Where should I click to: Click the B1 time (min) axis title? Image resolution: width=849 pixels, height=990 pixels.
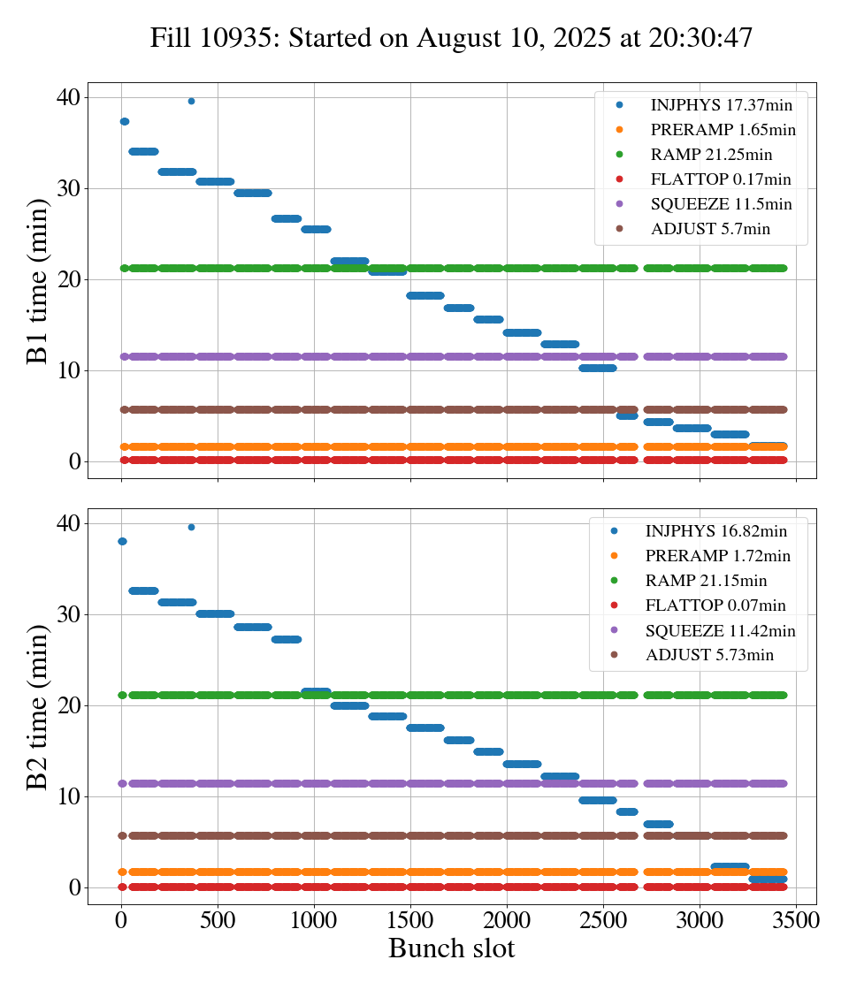[37, 280]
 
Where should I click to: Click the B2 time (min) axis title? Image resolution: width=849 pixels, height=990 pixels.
[37, 707]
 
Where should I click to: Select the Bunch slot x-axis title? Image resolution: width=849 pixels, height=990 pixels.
[451, 948]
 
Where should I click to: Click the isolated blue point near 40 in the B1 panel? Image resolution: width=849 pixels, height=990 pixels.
[191, 101]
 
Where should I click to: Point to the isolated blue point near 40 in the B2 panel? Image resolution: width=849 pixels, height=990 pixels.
[191, 527]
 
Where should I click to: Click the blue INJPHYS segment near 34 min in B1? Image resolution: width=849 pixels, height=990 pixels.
[143, 151]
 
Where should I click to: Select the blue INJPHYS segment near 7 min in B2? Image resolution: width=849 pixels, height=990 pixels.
[658, 824]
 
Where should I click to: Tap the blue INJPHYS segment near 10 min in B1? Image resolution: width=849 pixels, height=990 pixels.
[597, 368]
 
